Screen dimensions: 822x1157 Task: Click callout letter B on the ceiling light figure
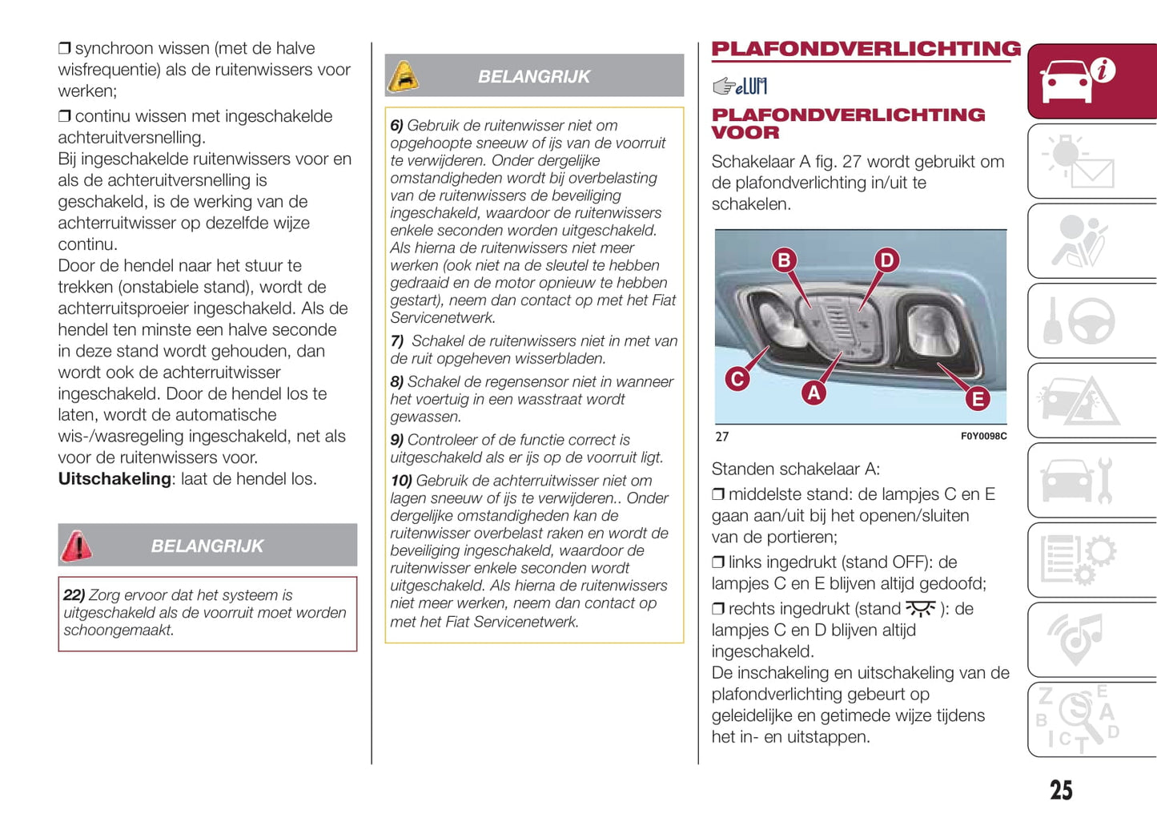click(784, 260)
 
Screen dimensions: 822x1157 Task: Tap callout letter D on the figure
click(886, 260)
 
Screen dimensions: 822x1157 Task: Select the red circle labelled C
click(737, 378)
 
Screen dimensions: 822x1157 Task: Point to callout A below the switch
click(814, 392)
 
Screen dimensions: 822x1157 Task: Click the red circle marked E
click(977, 398)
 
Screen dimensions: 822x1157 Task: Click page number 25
click(1061, 790)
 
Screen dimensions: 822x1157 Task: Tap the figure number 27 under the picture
click(722, 437)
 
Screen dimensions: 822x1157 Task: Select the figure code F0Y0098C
click(983, 437)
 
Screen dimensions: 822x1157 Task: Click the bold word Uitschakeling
click(114, 479)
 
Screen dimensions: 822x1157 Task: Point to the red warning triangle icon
click(77, 546)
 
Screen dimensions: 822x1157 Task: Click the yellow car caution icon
click(404, 77)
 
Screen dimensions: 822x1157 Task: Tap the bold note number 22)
click(74, 595)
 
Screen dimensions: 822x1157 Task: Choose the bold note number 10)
click(400, 481)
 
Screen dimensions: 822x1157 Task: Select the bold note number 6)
click(396, 126)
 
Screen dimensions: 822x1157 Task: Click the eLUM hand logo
click(740, 86)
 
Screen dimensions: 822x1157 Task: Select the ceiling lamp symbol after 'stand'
click(920, 609)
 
